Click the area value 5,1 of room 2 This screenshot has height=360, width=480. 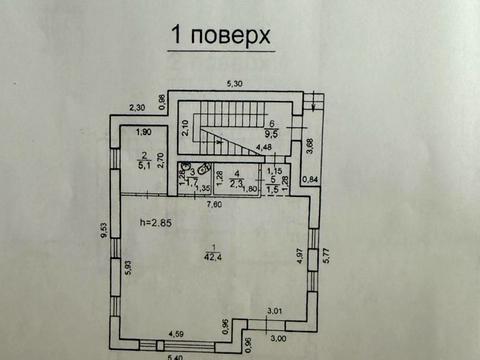(x=145, y=166)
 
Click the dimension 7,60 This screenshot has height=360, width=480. (x=213, y=205)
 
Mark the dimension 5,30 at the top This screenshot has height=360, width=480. (x=234, y=84)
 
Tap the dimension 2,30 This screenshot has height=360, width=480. (x=137, y=108)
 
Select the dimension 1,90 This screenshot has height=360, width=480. (x=143, y=133)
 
